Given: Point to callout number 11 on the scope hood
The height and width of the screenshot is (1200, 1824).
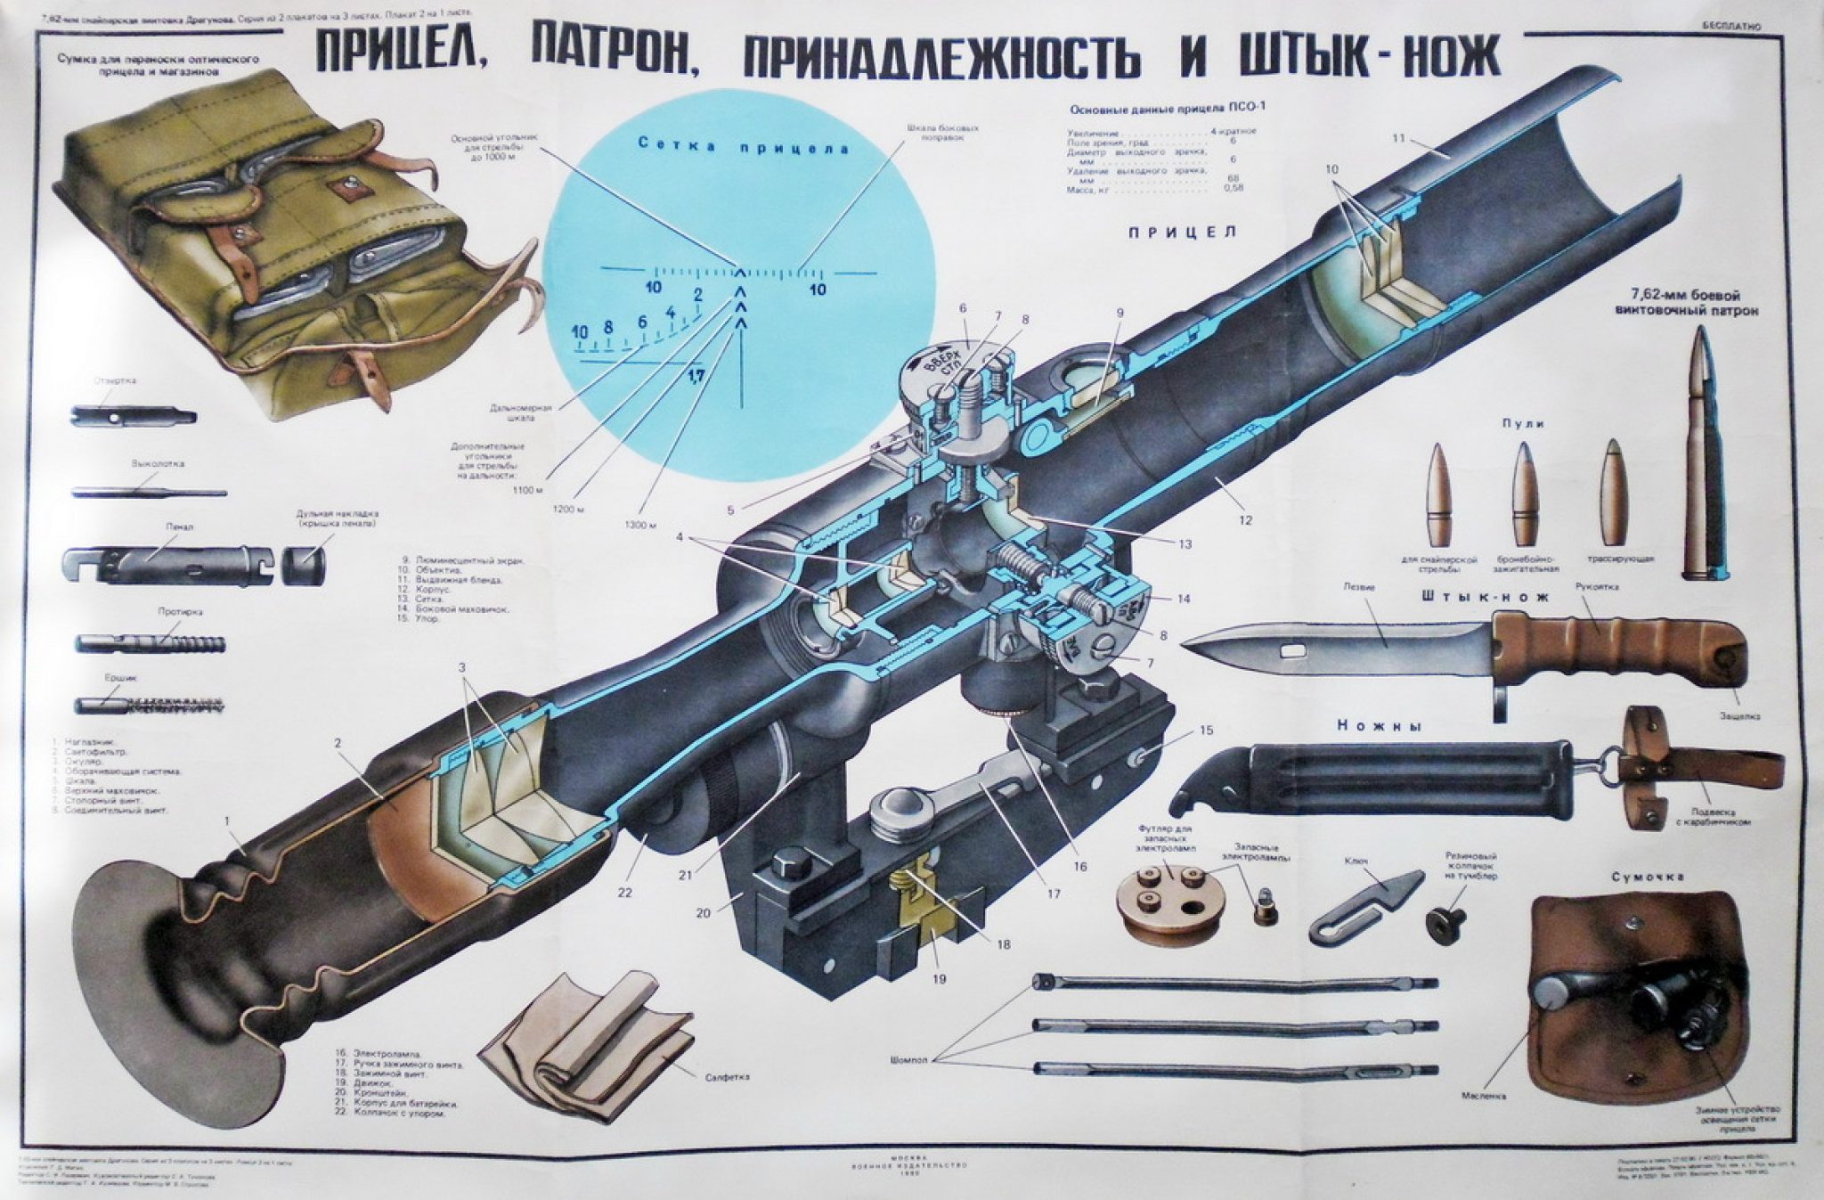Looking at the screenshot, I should click(x=1397, y=138).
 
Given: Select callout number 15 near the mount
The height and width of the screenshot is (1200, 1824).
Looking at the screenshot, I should click(x=1206, y=731).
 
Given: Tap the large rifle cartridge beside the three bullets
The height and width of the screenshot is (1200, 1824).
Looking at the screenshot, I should click(x=1705, y=454).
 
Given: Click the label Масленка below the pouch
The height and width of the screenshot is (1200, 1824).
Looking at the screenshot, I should click(x=1484, y=1096).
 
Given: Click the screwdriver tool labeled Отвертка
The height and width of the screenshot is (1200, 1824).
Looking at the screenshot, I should click(x=134, y=415).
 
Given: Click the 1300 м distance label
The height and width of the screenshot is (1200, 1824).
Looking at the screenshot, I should click(x=641, y=525).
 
